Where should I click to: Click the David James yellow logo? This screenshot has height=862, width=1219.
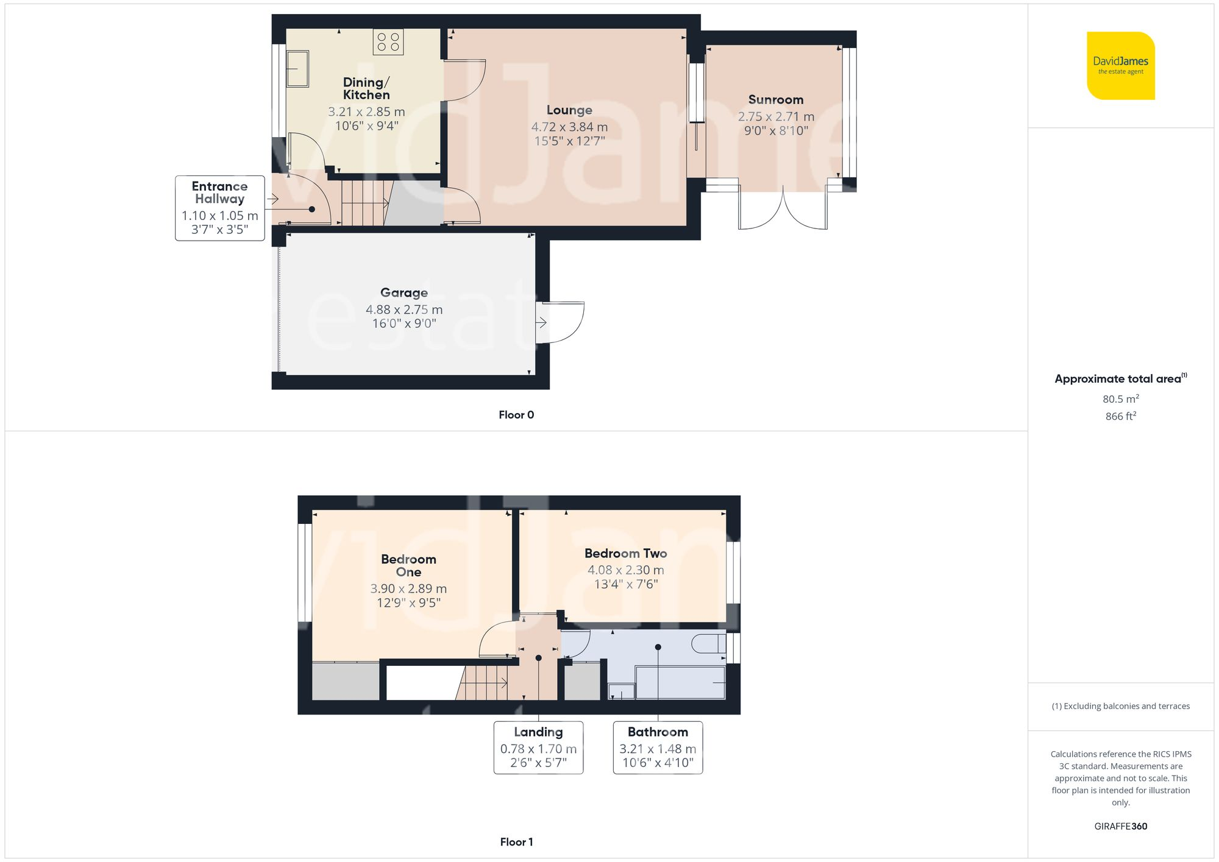(1120, 66)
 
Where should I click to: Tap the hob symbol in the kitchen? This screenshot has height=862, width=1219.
(388, 42)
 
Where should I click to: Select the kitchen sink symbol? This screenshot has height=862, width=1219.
(297, 69)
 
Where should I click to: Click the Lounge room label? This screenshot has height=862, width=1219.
(569, 110)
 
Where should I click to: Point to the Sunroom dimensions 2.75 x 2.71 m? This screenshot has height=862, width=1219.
(776, 116)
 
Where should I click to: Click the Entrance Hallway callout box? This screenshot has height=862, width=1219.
(219, 208)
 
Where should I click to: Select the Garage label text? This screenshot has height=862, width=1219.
(404, 292)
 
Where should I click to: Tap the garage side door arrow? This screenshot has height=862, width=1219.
(541, 322)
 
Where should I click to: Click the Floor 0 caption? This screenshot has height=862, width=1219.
(516, 415)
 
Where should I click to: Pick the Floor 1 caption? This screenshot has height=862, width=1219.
(516, 842)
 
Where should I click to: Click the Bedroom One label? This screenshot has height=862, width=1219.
(408, 565)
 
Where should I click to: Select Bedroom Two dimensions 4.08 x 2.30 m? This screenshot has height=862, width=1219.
(625, 570)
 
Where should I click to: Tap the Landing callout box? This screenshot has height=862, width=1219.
(538, 747)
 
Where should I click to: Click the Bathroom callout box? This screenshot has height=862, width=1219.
(658, 747)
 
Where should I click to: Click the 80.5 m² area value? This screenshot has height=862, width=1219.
(1120, 399)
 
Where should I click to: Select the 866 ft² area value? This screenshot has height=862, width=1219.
(1120, 416)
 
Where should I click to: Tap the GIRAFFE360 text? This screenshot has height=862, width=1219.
(1120, 827)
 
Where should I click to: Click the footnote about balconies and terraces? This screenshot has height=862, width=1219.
(1120, 706)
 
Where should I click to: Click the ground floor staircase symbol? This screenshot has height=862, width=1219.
(364, 203)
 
